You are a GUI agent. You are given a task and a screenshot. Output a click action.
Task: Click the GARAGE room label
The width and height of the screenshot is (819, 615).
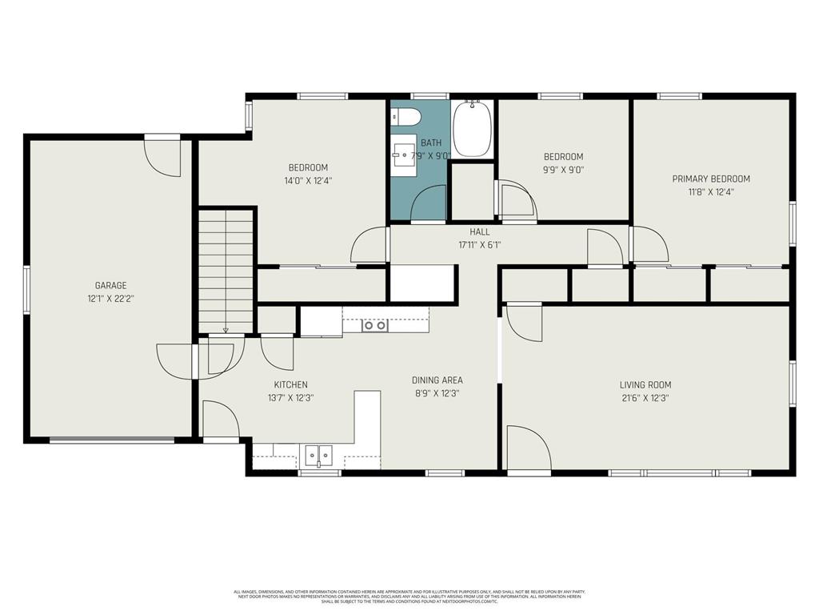tap(110, 285)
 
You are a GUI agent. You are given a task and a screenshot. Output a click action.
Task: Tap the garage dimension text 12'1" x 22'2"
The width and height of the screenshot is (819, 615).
tap(110, 298)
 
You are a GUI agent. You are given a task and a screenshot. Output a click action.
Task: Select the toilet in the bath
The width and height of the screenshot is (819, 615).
tap(405, 118)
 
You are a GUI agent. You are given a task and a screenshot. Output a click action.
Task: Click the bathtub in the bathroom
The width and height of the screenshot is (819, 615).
tap(472, 130)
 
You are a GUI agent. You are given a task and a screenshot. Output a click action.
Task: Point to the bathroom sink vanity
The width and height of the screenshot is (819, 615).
tap(404, 155)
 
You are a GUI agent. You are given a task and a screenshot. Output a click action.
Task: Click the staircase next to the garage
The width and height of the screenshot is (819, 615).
tap(226, 271)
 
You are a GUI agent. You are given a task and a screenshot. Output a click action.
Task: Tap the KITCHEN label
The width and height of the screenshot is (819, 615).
tap(290, 384)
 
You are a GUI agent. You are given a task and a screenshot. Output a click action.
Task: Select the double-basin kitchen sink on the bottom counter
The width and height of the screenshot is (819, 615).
tap(319, 456)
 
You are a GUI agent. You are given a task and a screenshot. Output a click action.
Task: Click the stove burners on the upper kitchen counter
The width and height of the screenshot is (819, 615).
tap(374, 324)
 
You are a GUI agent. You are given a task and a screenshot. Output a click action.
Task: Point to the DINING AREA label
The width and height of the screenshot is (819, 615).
tap(437, 380)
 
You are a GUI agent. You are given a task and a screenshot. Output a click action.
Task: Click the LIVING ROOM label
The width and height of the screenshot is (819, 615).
tap(645, 384)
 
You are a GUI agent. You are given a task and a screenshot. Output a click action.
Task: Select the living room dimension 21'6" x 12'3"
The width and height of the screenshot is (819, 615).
tap(645, 397)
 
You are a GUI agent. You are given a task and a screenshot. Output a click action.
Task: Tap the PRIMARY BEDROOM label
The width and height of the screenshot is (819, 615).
tap(711, 179)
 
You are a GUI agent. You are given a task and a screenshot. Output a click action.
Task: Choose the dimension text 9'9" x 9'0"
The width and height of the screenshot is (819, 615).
tap(564, 169)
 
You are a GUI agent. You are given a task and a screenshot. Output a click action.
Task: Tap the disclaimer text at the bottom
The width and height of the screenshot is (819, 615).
tap(409, 596)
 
